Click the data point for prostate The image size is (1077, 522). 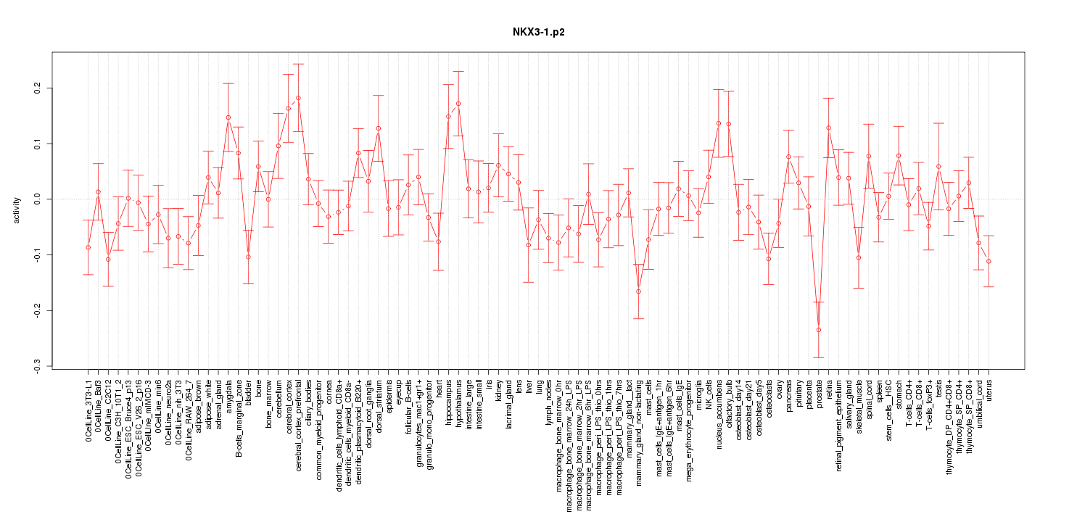819,330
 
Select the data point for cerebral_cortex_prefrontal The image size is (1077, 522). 298,98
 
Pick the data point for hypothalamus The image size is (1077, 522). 458,104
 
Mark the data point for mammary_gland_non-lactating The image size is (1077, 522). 638,291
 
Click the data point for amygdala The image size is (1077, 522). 228,117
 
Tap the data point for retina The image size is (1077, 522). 828,128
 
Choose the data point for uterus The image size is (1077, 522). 989,261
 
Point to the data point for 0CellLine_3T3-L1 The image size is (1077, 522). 88,247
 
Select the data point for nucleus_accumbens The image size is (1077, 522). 719,123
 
